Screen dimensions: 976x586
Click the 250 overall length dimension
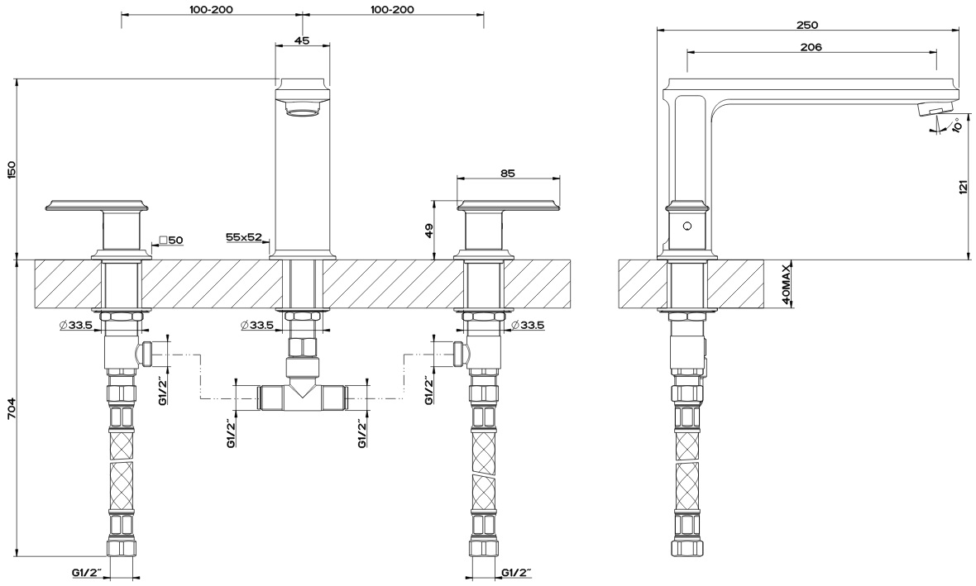[807, 25]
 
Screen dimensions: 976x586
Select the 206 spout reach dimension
[811, 46]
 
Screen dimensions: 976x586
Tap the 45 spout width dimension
[302, 40]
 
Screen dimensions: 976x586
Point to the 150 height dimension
[10, 169]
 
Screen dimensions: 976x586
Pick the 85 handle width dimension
[507, 174]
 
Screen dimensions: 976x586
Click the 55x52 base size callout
[244, 237]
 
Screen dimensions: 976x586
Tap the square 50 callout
[171, 240]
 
